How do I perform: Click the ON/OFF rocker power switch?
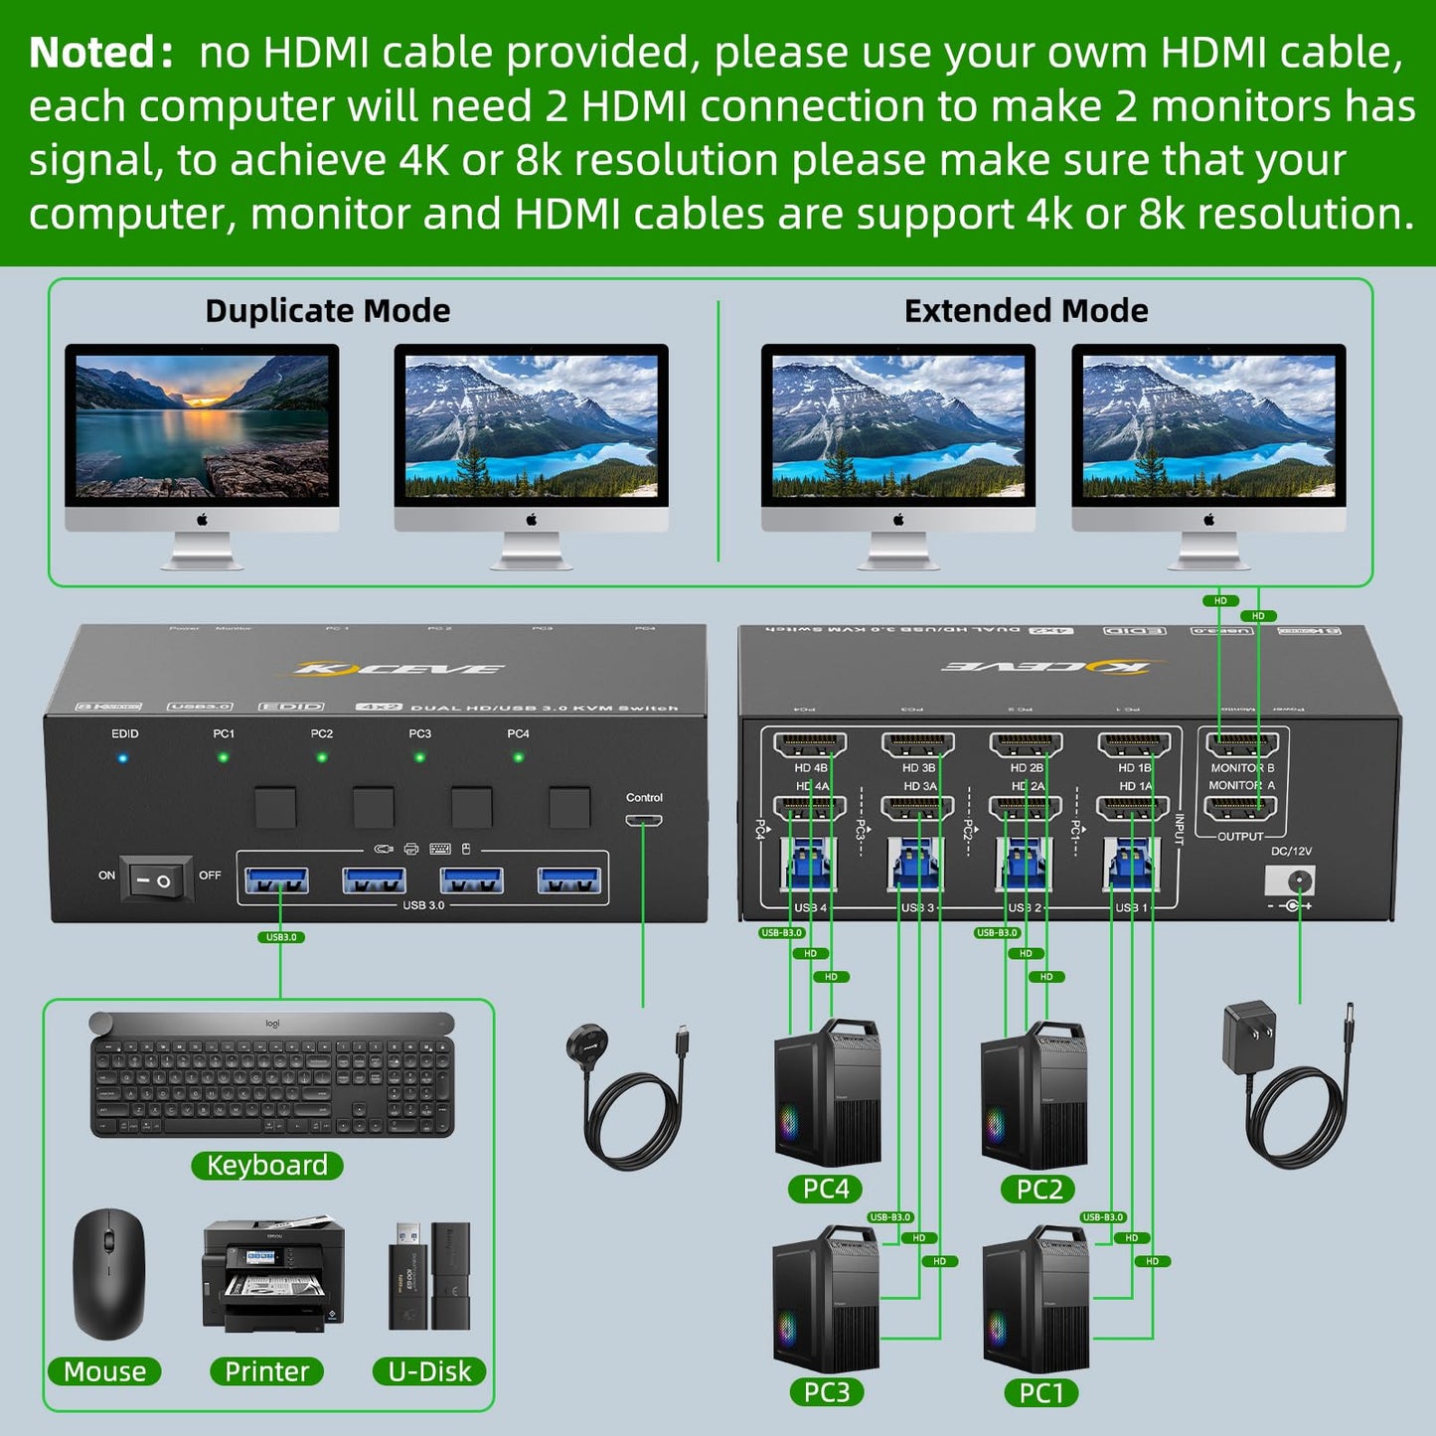(156, 878)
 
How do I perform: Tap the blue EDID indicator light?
(123, 758)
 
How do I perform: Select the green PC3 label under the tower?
(827, 1392)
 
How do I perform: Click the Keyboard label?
(267, 1165)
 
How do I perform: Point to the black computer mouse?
(108, 1273)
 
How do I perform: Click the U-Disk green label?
(429, 1371)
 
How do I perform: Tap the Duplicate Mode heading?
(327, 311)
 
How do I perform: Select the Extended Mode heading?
(1026, 311)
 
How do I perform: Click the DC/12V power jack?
(1290, 880)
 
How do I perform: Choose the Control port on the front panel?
(644, 821)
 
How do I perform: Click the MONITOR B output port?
(1241, 745)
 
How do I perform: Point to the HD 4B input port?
(810, 745)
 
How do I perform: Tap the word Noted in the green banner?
(94, 53)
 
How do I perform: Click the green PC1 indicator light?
(224, 758)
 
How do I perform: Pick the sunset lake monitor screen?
(202, 425)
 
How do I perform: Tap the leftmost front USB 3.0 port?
(276, 880)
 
